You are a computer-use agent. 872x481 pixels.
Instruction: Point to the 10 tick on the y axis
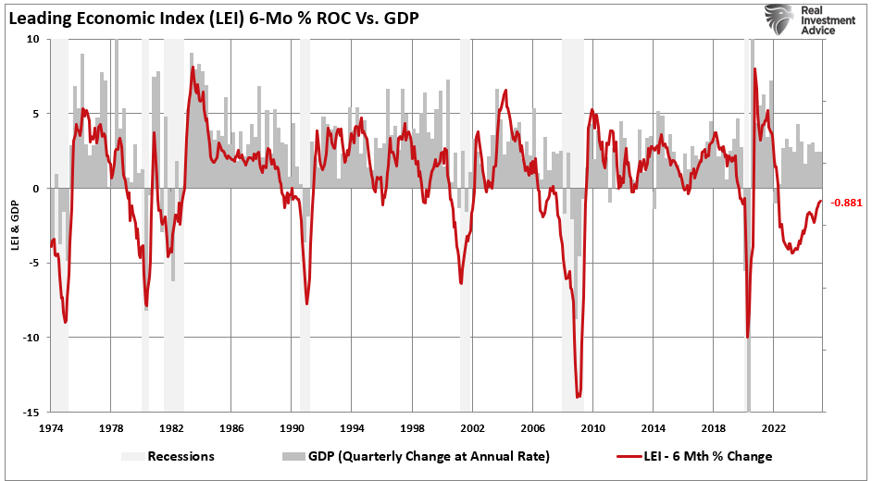click(33, 40)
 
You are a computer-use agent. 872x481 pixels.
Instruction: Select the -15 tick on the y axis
click(31, 412)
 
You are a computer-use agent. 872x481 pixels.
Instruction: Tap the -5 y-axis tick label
click(33, 263)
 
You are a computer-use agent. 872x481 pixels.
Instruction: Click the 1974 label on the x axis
click(51, 428)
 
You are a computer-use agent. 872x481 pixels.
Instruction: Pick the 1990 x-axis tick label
click(292, 428)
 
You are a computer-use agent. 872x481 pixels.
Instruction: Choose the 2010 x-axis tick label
click(592, 428)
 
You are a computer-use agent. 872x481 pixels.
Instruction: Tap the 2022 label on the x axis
click(774, 428)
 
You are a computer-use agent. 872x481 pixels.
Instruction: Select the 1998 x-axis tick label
click(412, 428)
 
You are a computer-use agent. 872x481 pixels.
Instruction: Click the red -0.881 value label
click(846, 203)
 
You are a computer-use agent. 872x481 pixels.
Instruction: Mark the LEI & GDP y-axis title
click(15, 226)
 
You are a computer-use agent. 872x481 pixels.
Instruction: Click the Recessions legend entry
click(168, 456)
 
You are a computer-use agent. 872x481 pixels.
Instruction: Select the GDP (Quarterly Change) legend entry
click(407, 456)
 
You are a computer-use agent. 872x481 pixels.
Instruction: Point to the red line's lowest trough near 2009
click(578, 397)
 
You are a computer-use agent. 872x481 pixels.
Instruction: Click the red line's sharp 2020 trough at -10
click(747, 337)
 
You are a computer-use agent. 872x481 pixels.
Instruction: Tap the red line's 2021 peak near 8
click(755, 69)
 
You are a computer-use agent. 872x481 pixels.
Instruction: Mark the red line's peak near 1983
click(193, 68)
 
